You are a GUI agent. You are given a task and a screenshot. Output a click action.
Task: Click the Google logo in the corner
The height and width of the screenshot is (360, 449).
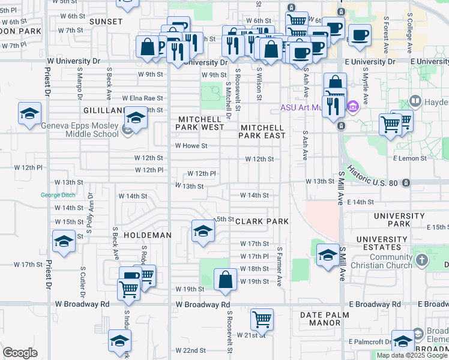pos(20,352)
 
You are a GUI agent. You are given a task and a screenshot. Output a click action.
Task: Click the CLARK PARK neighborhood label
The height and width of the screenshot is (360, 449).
pos(262,221)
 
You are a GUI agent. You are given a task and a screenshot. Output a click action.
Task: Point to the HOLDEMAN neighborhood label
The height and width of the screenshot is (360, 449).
pos(147,235)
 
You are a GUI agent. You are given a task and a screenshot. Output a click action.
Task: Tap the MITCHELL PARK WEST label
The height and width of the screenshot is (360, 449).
pos(200,123)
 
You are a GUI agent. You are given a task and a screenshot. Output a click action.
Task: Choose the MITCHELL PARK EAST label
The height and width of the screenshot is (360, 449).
pos(262,131)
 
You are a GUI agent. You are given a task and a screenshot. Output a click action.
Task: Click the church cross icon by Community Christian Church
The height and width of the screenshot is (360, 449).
pos(422,260)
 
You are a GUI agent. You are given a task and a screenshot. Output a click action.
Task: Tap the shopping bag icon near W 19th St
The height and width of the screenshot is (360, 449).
pos(225,280)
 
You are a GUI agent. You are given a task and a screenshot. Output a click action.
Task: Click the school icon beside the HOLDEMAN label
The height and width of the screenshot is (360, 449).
pos(203,231)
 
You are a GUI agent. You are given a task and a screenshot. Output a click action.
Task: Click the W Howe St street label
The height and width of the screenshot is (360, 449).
pos(191,146)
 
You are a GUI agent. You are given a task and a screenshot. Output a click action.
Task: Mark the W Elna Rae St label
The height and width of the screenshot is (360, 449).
pos(142,98)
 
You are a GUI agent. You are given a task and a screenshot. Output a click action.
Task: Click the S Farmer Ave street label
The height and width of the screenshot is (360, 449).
pos(280,265)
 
